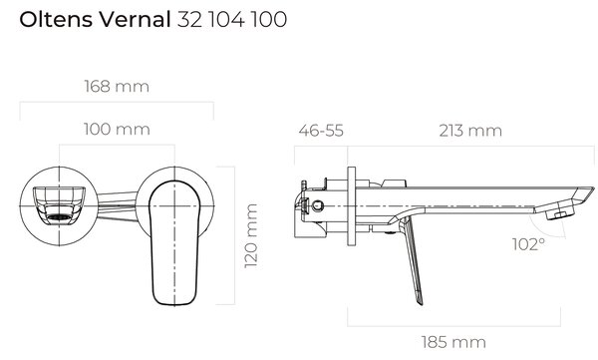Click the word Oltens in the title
(x=56, y=19)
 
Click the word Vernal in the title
(x=135, y=19)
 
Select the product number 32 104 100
(x=232, y=19)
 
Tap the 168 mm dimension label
(x=117, y=87)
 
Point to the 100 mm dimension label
(x=117, y=129)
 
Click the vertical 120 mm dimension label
(x=251, y=236)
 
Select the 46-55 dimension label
(x=321, y=131)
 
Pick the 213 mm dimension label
(x=470, y=131)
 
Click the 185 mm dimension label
(x=453, y=342)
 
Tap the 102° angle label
(x=528, y=244)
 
